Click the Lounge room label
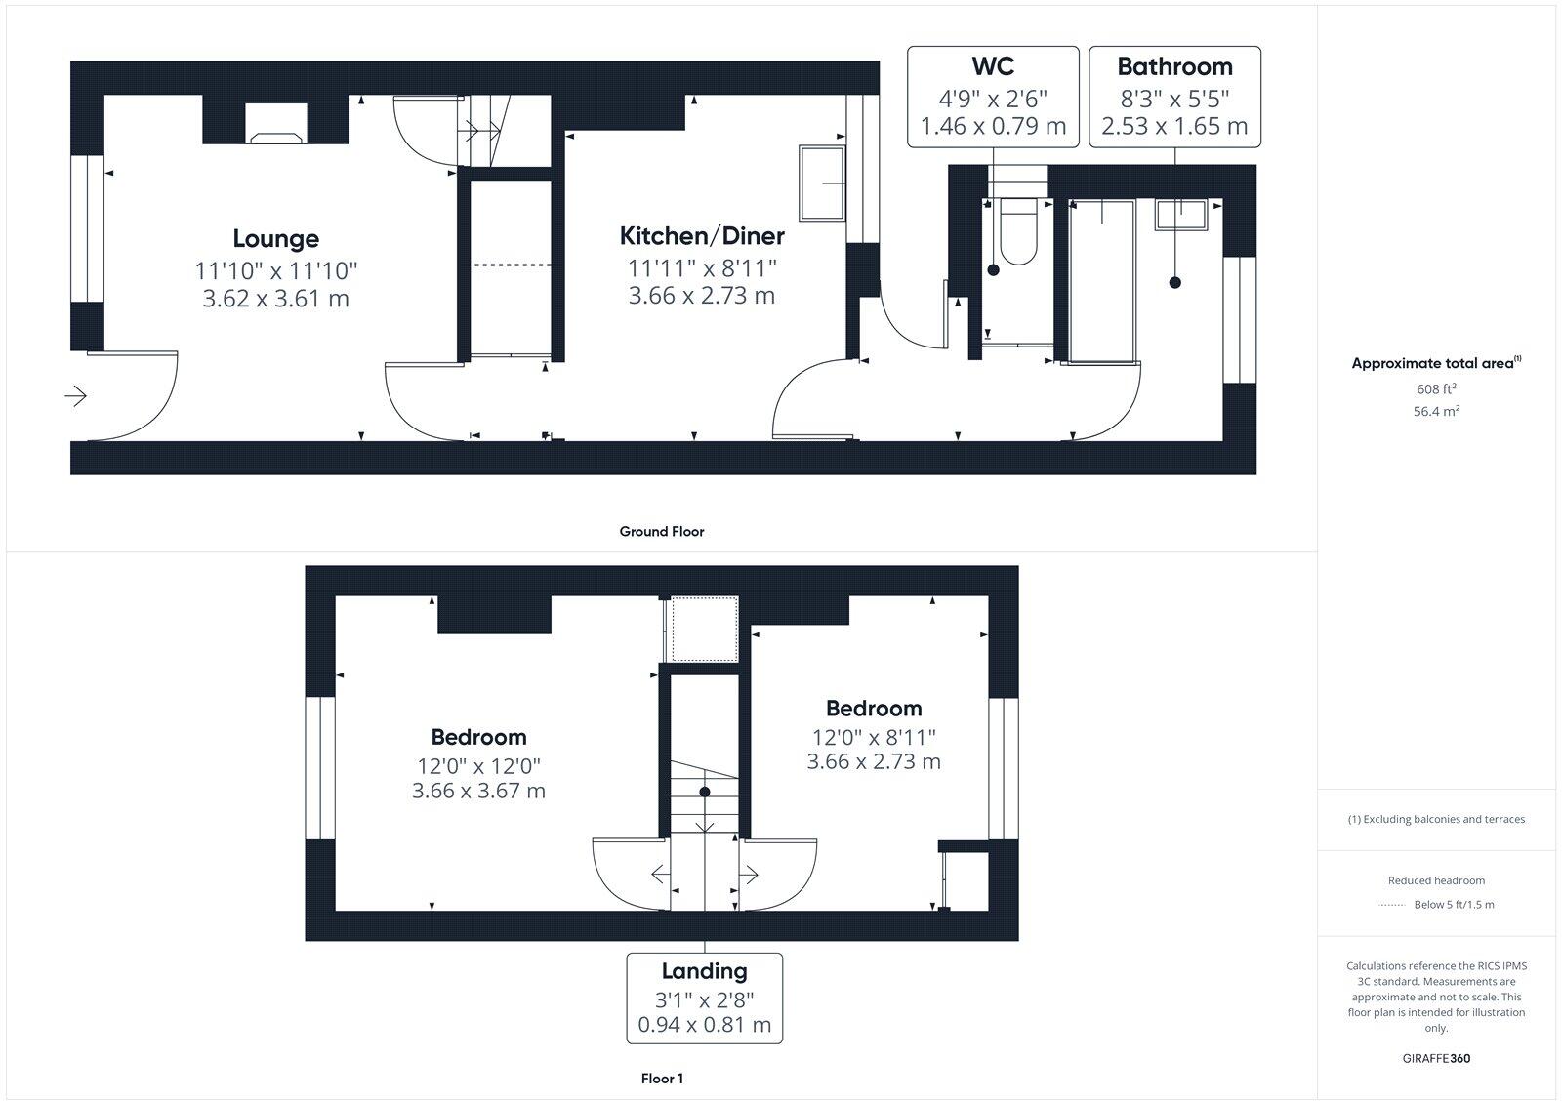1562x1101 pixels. [x=275, y=239]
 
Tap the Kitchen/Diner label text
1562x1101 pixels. [x=702, y=236]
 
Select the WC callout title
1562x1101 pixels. [x=993, y=66]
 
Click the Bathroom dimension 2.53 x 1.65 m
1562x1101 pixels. [x=1174, y=126]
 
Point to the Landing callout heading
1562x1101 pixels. [x=704, y=971]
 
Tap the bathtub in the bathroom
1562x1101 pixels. [x=1102, y=281]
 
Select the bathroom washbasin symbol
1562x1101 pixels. [x=1181, y=214]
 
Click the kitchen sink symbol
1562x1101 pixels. [x=822, y=183]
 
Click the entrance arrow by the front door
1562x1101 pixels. [x=76, y=396]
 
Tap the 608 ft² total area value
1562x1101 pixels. [x=1436, y=388]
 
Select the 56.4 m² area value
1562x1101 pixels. [x=1436, y=412]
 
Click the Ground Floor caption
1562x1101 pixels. [x=661, y=532]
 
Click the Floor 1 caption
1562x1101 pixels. [x=661, y=1079]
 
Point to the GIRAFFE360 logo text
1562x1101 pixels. [x=1436, y=1058]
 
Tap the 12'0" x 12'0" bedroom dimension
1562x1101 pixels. [x=478, y=766]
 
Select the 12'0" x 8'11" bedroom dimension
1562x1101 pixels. [x=874, y=737]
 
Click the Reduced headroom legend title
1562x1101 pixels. [x=1436, y=880]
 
